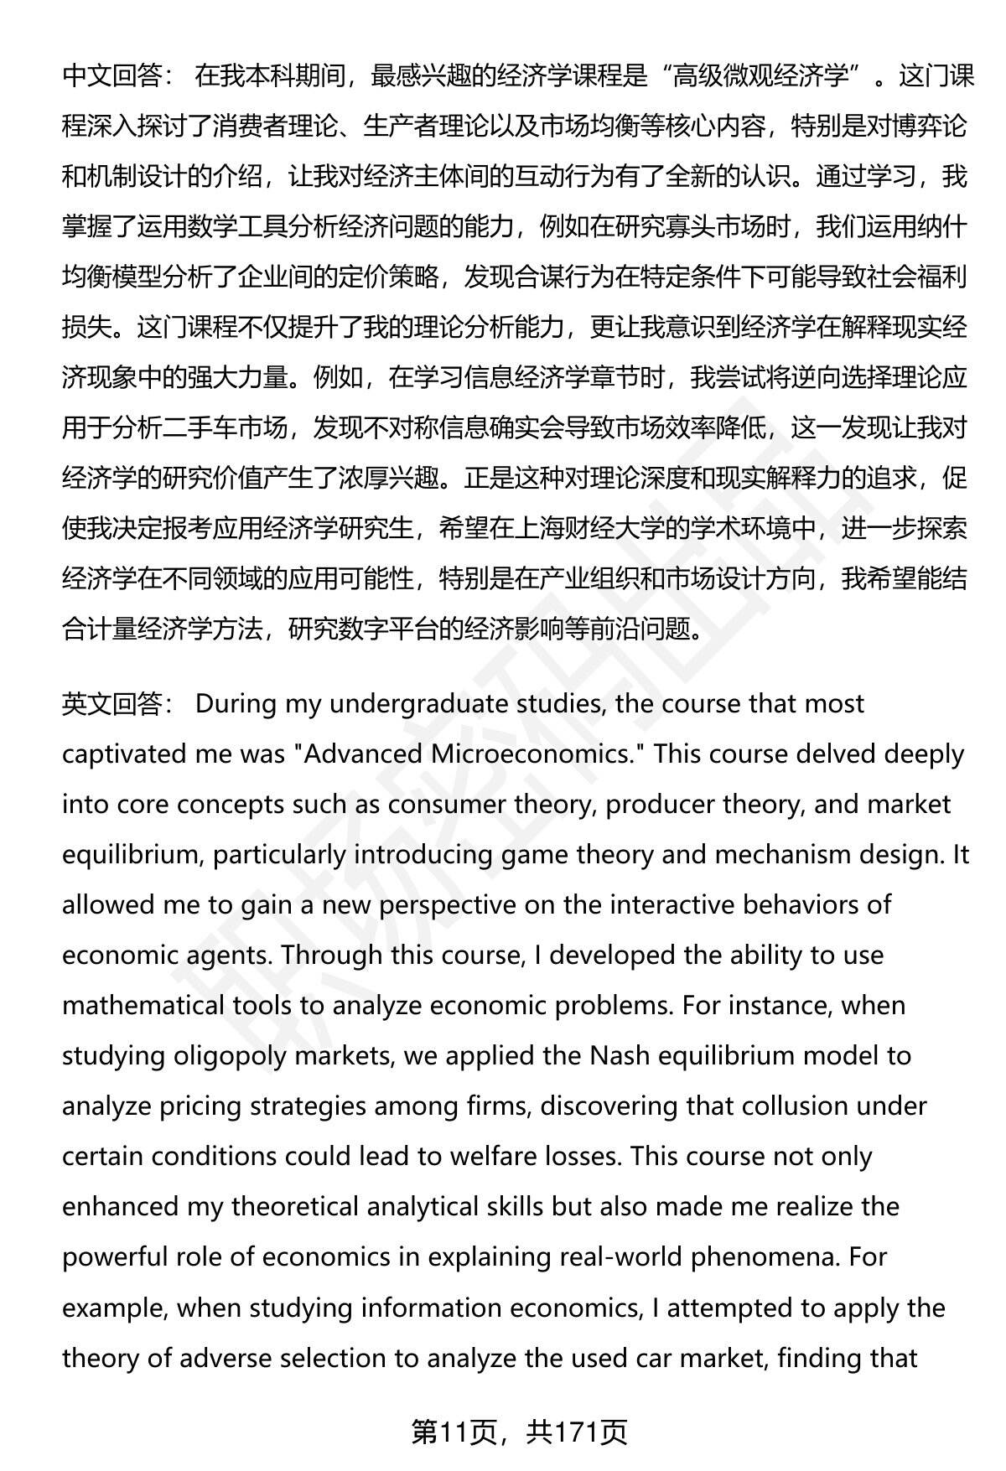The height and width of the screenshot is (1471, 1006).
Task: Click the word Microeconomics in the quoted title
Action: click(536, 754)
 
